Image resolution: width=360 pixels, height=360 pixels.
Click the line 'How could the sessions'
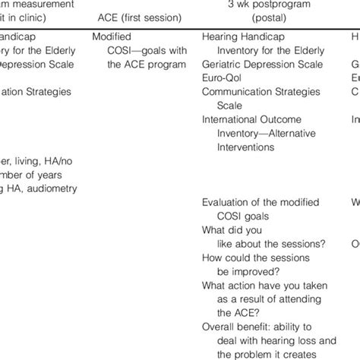coord(255,257)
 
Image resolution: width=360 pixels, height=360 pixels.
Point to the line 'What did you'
coord(231,230)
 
